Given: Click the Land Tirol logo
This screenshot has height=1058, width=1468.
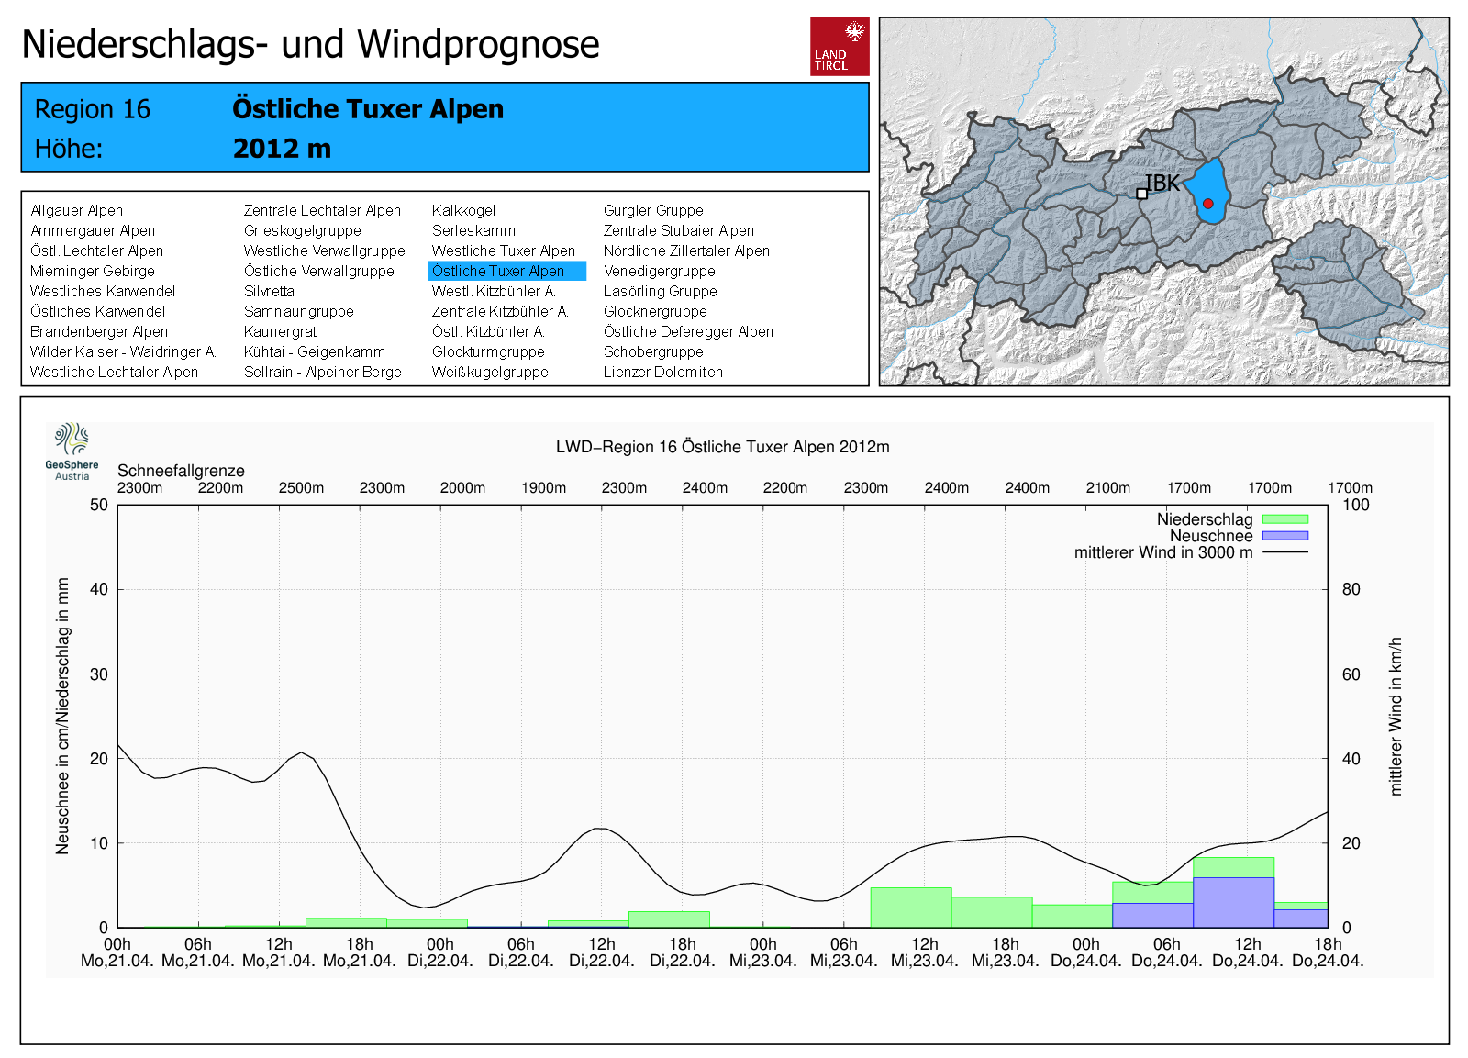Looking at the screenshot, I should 839,46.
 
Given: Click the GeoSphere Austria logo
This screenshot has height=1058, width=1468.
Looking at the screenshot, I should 72,451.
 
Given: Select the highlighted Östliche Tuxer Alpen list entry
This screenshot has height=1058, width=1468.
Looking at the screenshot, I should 506,271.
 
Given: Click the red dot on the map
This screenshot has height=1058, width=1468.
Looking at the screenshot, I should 1208,204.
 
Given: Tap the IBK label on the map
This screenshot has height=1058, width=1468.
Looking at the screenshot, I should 1162,183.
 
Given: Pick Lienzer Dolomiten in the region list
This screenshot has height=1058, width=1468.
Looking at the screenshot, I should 662,372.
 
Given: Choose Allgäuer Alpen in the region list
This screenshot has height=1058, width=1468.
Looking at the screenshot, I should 76,210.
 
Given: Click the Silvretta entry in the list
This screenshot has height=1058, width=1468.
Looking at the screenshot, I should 269,291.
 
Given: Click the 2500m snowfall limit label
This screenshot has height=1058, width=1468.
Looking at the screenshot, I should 301,487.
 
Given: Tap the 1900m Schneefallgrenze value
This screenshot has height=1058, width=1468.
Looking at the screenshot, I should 543,487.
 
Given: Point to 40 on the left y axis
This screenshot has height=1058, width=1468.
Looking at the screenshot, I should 98,589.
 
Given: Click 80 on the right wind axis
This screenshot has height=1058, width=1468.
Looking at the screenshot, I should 1351,589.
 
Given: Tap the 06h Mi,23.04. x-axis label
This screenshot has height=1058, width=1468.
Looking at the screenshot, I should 843,952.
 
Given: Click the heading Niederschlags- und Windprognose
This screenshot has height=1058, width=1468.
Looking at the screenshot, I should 310,44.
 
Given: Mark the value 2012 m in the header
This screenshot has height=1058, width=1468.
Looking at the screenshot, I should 282,148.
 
